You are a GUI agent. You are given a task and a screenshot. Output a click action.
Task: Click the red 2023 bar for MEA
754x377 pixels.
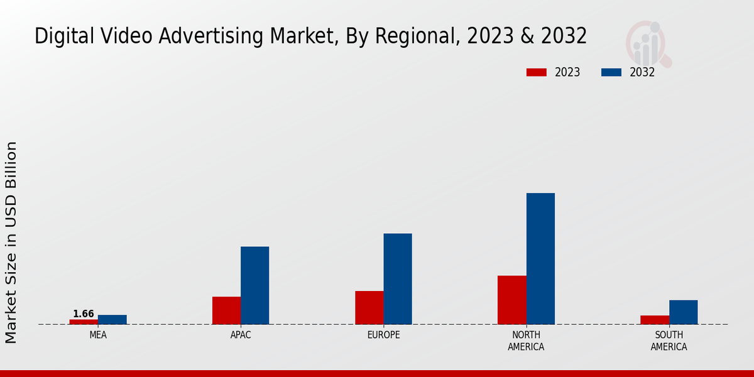pos(84,322)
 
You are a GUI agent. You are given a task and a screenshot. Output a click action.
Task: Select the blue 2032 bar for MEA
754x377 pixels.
pos(112,320)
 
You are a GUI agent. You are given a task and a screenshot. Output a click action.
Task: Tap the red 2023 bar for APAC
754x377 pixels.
pos(226,310)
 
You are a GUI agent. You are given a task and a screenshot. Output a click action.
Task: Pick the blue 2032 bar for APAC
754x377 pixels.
pos(254,285)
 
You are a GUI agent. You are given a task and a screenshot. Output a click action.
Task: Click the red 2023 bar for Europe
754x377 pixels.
pos(369,308)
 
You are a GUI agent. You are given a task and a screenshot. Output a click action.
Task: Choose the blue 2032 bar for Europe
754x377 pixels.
pos(398,279)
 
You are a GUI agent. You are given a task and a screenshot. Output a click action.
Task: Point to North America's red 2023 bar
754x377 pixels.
pos(511,300)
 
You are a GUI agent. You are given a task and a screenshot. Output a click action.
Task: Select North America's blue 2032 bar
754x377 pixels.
pos(540,258)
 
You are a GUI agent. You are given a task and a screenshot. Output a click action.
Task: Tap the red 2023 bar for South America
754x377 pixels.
pos(654,320)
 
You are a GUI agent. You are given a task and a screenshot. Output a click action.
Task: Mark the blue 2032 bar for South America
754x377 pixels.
pos(683,312)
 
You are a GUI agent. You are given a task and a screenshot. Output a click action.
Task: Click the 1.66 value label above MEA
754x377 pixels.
pos(84,314)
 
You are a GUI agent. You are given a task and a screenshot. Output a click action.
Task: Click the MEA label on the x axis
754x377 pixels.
pos(98,335)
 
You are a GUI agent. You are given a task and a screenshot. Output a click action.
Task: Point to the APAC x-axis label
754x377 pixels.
pos(241,335)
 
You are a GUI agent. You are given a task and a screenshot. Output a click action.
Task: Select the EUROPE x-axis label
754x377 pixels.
pos(383,335)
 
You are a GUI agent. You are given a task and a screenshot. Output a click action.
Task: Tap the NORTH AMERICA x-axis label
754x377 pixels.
pos(526,341)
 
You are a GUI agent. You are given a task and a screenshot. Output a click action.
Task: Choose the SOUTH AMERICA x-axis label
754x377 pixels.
pos(669,341)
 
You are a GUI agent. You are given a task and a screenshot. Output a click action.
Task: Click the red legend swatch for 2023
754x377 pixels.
pos(536,72)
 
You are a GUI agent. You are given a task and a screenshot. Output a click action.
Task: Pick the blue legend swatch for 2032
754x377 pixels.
pos(611,72)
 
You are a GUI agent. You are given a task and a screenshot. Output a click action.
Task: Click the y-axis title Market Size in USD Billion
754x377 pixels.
pos(11,242)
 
